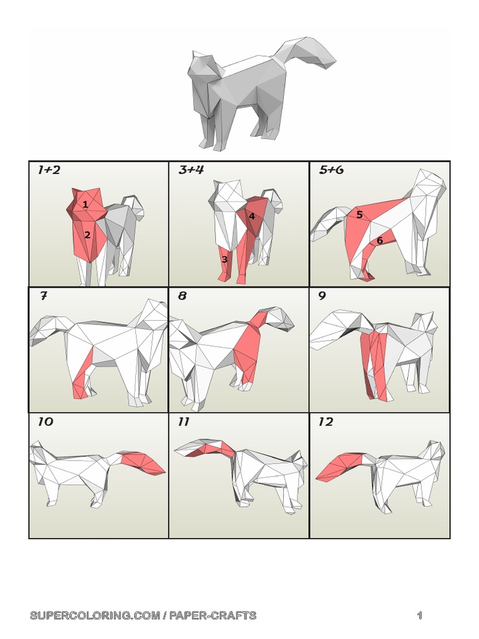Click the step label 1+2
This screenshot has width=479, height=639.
coord(49,170)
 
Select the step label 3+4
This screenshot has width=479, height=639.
coord(191,170)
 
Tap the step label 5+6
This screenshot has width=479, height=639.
coord(331,170)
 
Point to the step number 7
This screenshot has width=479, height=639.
coord(43,296)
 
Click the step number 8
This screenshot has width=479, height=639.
coord(183,296)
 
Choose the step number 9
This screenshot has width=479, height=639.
coord(322,296)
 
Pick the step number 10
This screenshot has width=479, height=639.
coord(46,422)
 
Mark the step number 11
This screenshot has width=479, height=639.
coord(183,422)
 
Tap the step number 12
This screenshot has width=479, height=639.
coord(326,422)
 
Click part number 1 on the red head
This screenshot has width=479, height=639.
coord(85,204)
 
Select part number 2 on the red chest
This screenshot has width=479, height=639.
coord(88,235)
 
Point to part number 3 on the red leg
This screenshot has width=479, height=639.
coord(225,259)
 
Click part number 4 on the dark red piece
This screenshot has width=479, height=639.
coord(252,216)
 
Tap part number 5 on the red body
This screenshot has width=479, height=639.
coord(360,215)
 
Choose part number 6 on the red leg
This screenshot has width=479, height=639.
coord(379,240)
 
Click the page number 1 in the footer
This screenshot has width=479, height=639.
coord(420,616)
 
